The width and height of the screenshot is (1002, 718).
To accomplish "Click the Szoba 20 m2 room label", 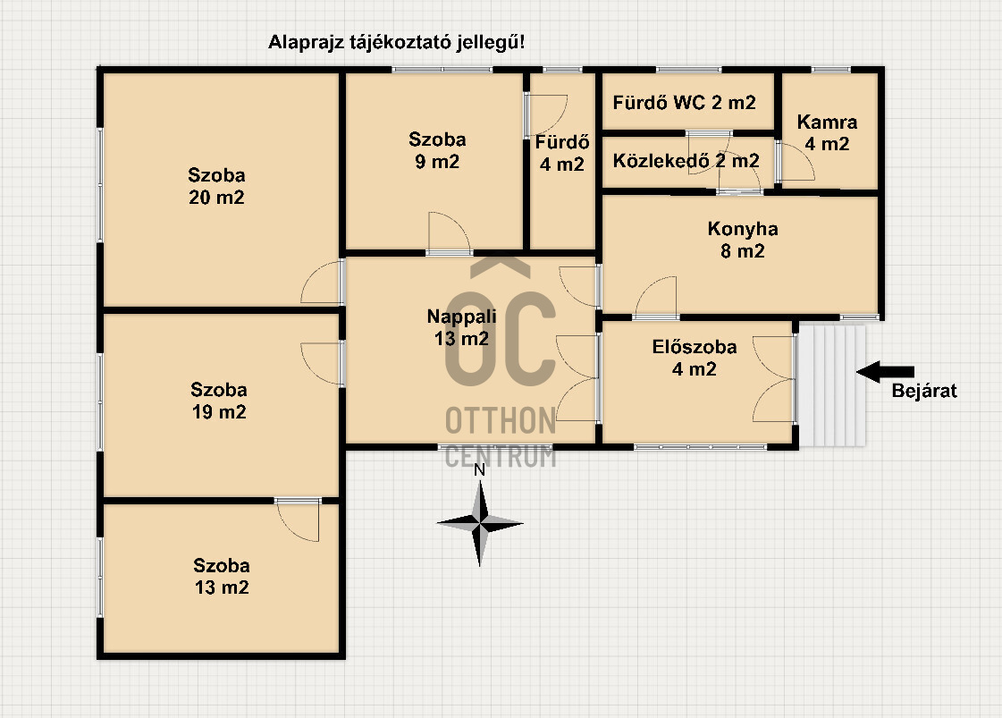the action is coord(216,186).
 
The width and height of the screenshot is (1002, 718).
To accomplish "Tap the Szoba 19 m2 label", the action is coord(219,401).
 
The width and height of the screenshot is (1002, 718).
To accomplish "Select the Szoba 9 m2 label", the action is coord(437,150).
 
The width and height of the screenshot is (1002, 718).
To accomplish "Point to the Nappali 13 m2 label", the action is coord(461,326).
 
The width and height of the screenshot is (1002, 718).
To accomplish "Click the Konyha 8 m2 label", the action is coord(743,240).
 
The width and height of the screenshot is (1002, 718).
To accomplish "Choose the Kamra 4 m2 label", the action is coord(827,132).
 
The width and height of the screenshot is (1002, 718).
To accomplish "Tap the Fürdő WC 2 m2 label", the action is coord(685,102).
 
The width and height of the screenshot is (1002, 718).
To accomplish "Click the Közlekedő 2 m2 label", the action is coord(686,160).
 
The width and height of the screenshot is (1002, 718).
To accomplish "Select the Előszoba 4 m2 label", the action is coord(694,358).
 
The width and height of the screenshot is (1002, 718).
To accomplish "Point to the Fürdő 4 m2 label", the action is coord(561,153).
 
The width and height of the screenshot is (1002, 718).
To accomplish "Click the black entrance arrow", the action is coord(885,372).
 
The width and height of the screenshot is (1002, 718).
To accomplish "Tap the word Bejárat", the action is coord(924,391).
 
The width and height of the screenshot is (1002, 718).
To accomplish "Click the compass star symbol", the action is coord(480,524).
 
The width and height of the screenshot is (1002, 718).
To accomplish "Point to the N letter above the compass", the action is coord(479,470).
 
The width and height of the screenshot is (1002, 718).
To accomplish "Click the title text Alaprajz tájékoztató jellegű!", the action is coord(396,43).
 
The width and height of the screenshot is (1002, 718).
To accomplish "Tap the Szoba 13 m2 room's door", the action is coord(298,519).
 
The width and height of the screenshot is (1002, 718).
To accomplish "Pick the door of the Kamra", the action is coord(795,162).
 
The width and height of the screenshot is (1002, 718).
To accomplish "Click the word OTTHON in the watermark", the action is coord(501,421).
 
